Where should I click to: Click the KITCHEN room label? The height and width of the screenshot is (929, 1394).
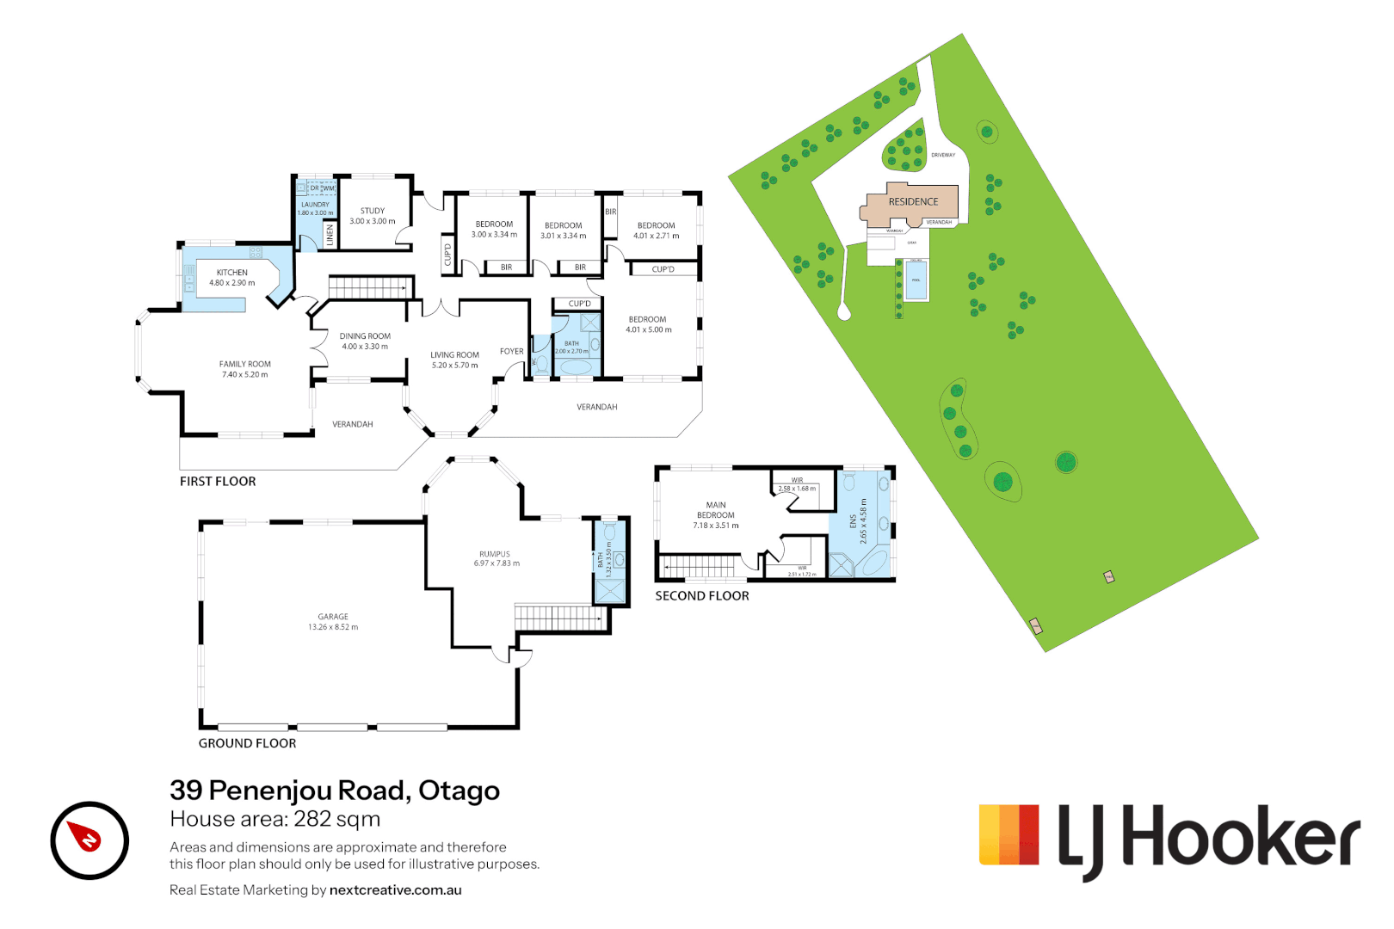click(231, 273)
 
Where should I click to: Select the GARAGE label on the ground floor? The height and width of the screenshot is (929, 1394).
click(333, 617)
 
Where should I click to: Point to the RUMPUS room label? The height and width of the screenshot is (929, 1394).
click(495, 555)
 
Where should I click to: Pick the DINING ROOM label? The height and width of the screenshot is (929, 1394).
click(365, 336)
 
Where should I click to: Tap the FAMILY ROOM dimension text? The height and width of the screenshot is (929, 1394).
click(245, 375)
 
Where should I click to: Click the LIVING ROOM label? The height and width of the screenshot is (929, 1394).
click(454, 355)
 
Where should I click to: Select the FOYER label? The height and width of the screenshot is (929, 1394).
click(511, 351)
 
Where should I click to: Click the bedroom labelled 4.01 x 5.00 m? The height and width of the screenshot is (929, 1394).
click(648, 324)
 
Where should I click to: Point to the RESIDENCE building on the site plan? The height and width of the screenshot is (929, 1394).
click(913, 202)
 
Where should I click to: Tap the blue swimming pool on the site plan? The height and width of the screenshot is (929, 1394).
click(916, 280)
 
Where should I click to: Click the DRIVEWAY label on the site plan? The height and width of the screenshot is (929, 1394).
click(943, 155)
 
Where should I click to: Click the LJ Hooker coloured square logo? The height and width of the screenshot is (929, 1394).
click(1008, 834)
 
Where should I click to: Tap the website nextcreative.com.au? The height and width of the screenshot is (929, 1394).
click(395, 890)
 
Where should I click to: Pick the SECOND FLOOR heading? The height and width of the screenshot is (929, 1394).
click(701, 596)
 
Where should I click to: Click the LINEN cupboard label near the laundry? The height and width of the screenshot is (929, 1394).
click(330, 235)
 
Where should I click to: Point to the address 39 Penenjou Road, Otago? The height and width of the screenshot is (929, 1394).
click(335, 790)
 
